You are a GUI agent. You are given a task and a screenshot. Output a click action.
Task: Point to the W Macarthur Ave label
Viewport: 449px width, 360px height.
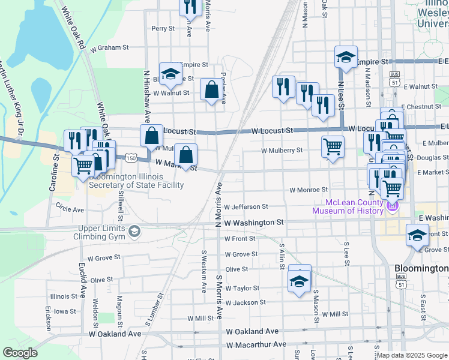pos(256,344)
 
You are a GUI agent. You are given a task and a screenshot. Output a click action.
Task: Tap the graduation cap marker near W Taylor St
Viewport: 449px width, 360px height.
pos(300,280)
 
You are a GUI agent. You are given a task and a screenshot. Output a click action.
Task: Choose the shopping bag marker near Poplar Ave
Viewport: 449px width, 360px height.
pos(211,91)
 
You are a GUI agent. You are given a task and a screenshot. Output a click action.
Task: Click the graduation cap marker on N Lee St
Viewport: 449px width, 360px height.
pos(346,58)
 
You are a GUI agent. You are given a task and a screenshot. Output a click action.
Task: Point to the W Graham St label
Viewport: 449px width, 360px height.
pos(110,47)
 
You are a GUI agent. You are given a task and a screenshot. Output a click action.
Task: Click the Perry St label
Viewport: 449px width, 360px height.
pos(163,28)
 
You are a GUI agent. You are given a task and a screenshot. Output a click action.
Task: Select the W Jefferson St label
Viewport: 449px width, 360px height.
pos(246,206)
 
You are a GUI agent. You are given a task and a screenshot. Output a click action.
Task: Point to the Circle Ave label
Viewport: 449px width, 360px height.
pos(70,210)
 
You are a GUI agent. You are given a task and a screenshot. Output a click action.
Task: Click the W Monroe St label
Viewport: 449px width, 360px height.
pos(308,190)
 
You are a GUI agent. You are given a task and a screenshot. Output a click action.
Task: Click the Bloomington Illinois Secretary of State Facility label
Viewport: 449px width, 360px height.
pos(136,181)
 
